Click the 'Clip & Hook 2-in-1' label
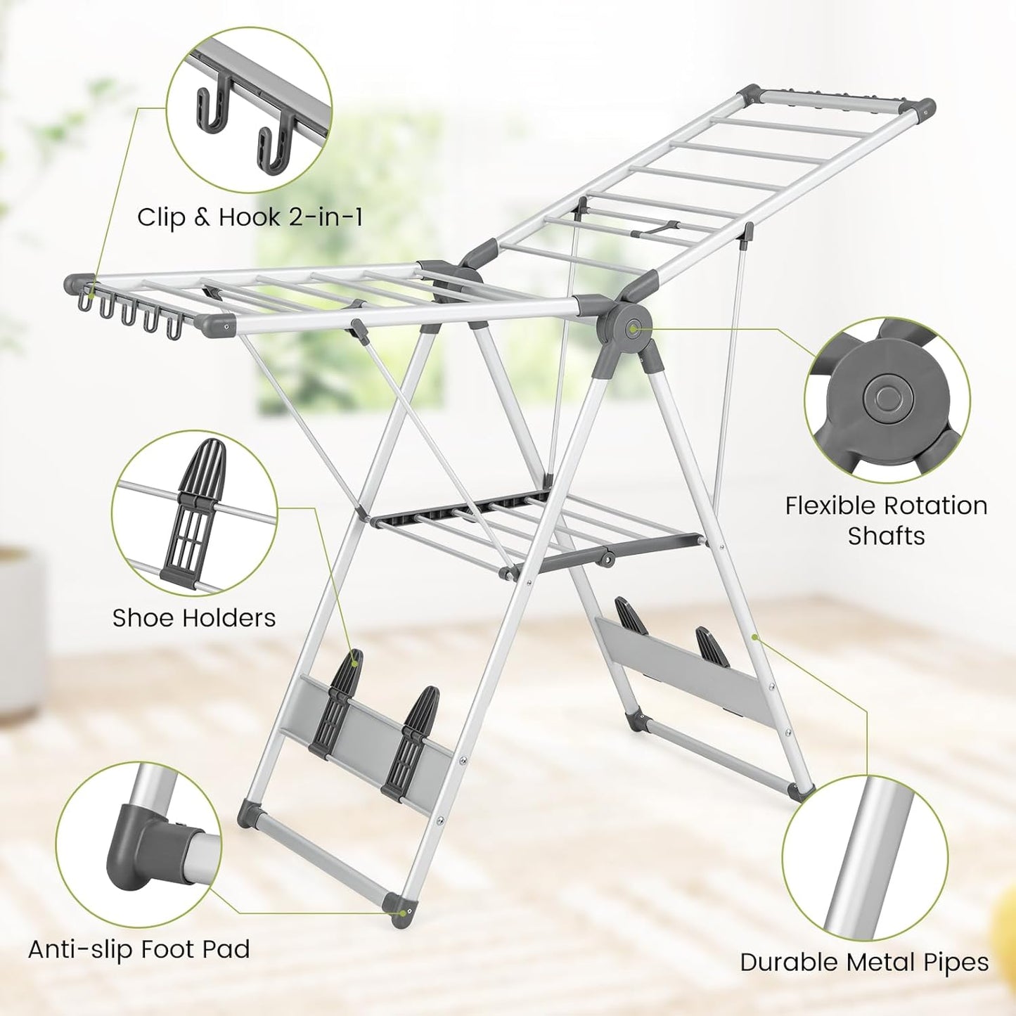(250, 217)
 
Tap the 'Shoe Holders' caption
(193, 618)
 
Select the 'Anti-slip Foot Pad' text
(139, 949)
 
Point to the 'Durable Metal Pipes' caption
(864, 963)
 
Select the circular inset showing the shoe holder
(194, 513)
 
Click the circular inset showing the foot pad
(139, 844)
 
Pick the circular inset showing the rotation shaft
(887, 399)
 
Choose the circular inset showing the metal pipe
(864, 856)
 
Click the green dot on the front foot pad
(401, 913)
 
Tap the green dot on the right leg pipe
(754, 638)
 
